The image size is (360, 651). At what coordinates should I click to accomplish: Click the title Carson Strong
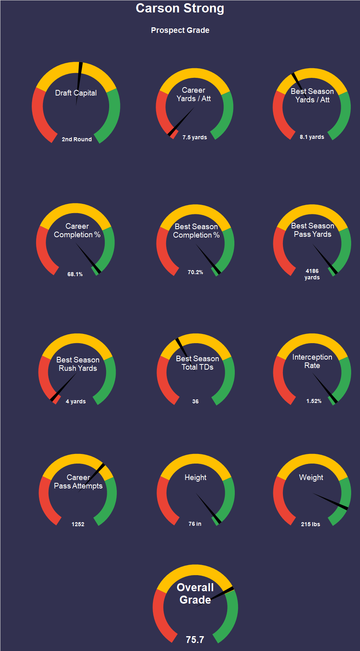coord(180,8)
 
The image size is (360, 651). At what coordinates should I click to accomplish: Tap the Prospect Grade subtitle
coord(180,31)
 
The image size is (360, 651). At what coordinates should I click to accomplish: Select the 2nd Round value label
coord(77,139)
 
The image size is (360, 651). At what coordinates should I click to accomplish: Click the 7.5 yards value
coord(195,137)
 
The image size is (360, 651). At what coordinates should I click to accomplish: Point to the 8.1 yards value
coord(312,137)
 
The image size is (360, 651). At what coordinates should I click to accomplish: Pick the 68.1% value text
coord(75,274)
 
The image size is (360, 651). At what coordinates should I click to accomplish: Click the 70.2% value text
coord(195,272)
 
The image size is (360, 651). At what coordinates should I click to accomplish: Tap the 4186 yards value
coord(312,274)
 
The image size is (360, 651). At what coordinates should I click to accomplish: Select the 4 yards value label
coord(76,401)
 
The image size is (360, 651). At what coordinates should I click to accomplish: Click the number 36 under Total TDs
coord(195,401)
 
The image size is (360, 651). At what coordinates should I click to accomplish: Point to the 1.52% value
coord(314,401)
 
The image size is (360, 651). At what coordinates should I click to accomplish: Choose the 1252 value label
coord(78,524)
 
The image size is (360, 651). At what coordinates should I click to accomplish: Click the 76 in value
coord(195,524)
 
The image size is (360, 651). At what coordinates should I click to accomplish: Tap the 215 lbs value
coord(311,524)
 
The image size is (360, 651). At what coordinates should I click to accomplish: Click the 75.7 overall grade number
coord(195,640)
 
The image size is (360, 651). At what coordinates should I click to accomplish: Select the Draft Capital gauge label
coord(76,93)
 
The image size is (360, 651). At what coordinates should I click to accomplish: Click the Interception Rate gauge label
coord(312,361)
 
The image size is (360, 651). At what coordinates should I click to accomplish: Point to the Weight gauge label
coord(311,478)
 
